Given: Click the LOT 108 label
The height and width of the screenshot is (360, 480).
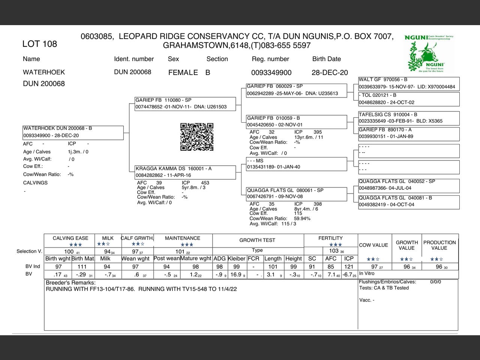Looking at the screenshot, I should point(40,44).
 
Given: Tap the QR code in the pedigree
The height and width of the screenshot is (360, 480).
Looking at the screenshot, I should point(197,137).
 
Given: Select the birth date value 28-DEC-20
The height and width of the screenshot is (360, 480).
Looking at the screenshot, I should point(330,73).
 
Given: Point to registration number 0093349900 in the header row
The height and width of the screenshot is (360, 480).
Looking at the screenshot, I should point(271,73).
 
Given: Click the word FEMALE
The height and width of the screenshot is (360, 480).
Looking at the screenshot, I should point(183,73).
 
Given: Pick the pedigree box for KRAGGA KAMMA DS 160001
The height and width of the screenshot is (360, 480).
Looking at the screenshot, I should point(185,172).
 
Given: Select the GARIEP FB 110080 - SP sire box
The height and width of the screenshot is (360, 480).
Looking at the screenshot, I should point(185,103).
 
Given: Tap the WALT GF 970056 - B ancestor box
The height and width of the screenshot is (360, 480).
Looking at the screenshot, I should point(408,83).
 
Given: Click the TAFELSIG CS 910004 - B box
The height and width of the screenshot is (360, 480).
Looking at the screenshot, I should point(408,118).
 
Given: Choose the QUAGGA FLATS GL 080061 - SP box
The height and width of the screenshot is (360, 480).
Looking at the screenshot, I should point(296,193).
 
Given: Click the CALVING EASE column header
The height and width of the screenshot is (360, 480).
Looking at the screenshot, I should point(70,238).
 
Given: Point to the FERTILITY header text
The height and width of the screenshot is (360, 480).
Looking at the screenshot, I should point(330,238).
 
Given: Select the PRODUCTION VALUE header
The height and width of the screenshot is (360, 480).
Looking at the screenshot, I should point(439,245).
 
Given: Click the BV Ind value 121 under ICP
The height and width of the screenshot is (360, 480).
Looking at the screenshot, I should point(349,267).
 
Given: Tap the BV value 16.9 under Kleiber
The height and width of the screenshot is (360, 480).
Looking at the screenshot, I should point(236,274).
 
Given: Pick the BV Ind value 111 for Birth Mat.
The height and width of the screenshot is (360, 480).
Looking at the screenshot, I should point(82,267).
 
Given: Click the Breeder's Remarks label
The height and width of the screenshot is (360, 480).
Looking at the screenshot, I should point(70,283).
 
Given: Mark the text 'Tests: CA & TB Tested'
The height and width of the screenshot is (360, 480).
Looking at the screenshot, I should point(384,288).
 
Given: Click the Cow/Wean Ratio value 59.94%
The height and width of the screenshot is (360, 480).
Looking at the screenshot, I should point(302,219).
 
